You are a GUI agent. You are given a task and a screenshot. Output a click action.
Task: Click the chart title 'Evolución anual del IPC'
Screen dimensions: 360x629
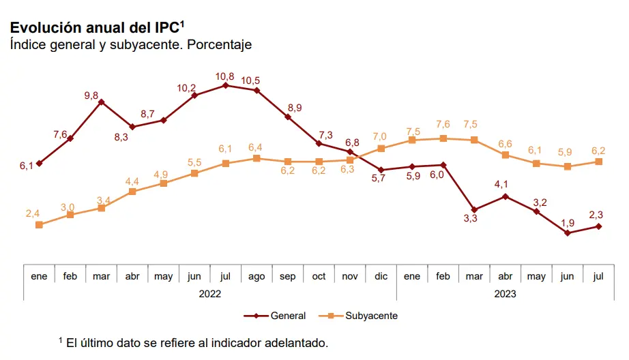pos(96,27)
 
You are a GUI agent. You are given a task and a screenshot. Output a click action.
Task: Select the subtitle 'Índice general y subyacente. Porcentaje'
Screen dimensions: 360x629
pos(131,45)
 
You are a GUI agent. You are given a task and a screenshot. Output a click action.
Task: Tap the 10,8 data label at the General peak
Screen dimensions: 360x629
pos(225,76)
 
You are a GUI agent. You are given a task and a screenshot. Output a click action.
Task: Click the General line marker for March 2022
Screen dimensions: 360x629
pos(101,102)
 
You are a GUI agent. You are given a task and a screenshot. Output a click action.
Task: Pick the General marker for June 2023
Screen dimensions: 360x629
pos(567,232)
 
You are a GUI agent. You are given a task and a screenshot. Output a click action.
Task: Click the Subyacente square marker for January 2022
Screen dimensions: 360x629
pos(39,224)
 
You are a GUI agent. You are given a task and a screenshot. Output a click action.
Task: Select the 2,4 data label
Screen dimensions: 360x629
pos(33,213)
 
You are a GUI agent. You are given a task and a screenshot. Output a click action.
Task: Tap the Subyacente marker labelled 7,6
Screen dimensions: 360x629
pos(443,138)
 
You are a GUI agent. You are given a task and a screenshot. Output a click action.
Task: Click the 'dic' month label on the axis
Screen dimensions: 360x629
pos(381,276)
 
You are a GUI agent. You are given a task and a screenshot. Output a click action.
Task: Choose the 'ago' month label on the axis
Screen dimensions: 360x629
pos(257,276)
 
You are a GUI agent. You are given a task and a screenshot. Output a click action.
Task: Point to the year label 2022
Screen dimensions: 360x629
pos(210,294)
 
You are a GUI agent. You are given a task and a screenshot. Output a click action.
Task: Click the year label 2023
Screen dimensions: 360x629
pos(505,294)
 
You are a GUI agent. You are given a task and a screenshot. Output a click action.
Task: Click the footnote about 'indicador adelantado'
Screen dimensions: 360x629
pos(194,342)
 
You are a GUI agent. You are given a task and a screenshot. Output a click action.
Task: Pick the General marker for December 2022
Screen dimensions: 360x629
pos(381,170)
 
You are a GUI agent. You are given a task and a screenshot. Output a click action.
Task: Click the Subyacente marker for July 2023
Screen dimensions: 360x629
pos(598,162)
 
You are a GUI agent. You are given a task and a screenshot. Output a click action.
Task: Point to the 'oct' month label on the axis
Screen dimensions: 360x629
pos(319,276)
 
